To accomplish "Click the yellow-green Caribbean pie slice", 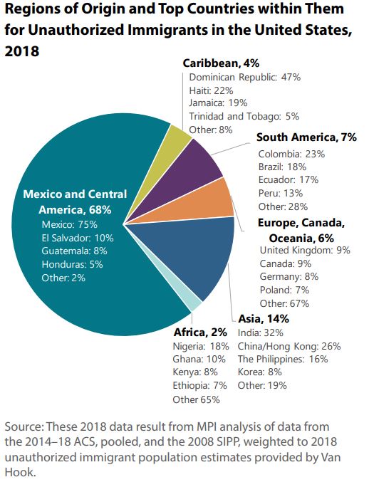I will click(x=180, y=141).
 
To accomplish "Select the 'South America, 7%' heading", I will click(x=306, y=137).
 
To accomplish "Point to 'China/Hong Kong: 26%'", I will click(x=289, y=346).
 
